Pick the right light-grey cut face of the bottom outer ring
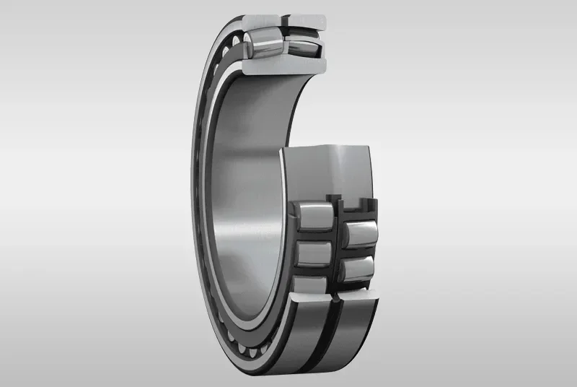(x=357, y=297)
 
